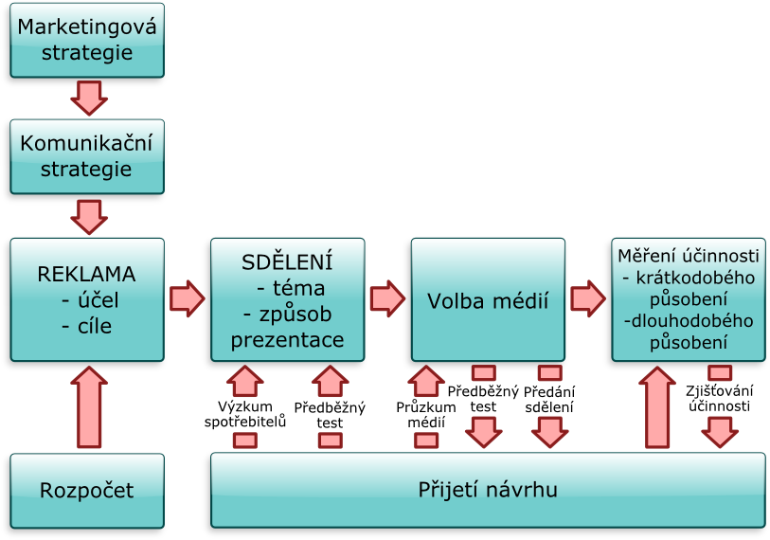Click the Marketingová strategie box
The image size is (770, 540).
click(88, 40)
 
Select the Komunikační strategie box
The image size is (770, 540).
click(88, 157)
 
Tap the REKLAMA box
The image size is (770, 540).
click(87, 300)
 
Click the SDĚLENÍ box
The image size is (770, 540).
click(287, 300)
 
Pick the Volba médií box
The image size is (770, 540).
click(488, 300)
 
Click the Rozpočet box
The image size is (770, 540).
click(87, 491)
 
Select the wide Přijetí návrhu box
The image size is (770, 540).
click(487, 491)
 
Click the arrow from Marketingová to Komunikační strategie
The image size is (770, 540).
click(88, 97)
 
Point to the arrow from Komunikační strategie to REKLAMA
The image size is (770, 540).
click(88, 215)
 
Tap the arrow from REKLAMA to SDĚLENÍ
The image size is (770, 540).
click(187, 297)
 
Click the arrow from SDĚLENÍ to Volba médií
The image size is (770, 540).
click(386, 297)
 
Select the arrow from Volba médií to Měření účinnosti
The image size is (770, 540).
click(587, 297)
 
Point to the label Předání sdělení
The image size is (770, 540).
click(549, 399)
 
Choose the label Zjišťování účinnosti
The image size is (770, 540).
click(719, 399)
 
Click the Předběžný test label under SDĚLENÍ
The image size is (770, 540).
click(330, 415)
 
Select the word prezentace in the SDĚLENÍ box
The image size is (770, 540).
click(287, 339)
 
